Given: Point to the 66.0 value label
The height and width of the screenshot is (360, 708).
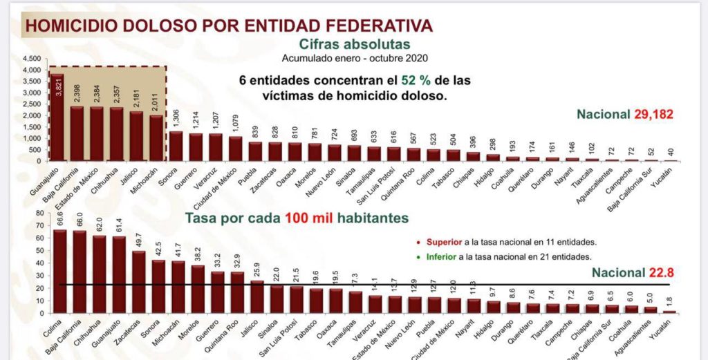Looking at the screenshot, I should pos(80,220).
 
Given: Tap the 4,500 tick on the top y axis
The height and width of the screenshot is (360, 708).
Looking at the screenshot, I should pos(32,59).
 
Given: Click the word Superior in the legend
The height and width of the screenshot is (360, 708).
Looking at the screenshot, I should pos(443,242).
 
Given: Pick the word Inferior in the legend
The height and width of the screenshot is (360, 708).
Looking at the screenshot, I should pos(441,256).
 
